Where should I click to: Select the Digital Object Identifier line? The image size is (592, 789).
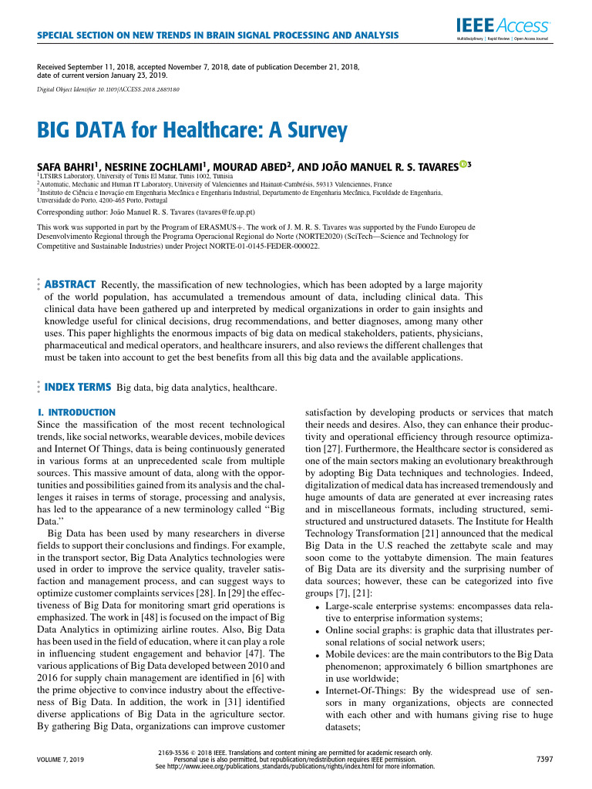[x=109, y=89]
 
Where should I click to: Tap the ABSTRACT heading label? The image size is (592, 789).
[x=70, y=284]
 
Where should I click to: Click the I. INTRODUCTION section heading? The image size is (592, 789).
[x=76, y=412]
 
